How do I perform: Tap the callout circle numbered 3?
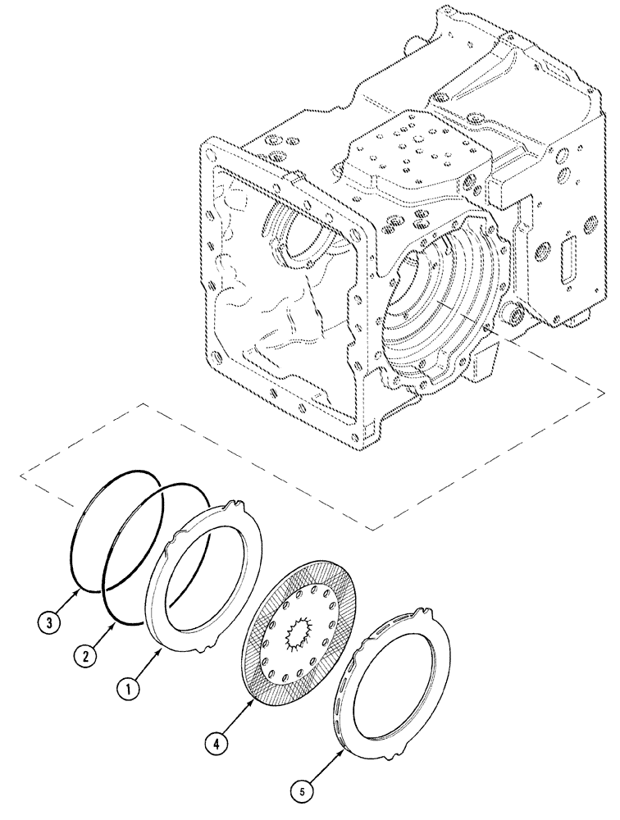[x=48, y=623]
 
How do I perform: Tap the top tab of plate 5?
[x=423, y=613]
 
